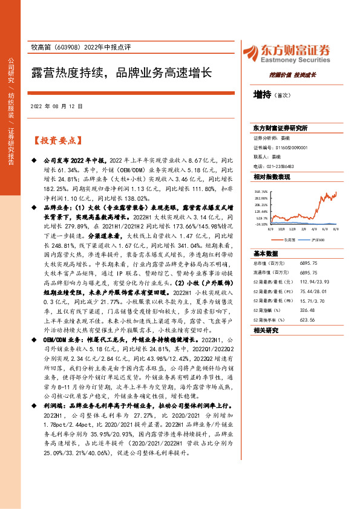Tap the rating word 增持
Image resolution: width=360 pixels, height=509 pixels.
(x=262, y=96)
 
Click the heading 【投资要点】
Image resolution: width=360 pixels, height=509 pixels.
(x=56, y=140)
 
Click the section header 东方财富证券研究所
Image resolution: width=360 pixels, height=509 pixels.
(x=280, y=129)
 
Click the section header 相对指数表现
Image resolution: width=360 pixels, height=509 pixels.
(x=271, y=177)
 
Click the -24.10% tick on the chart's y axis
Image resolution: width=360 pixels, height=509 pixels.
(x=261, y=224)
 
